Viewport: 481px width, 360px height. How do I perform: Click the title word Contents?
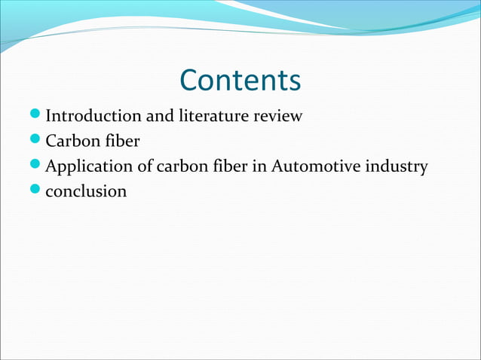pyautogui.click(x=240, y=81)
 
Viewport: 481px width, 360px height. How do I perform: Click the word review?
pyautogui.click(x=277, y=117)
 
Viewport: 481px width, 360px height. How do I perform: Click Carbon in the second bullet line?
pyautogui.click(x=71, y=142)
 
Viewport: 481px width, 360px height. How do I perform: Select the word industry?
pyautogui.click(x=397, y=166)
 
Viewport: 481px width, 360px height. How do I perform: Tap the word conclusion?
pyautogui.click(x=87, y=191)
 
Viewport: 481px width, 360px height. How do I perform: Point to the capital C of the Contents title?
pyautogui.click(x=190, y=81)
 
